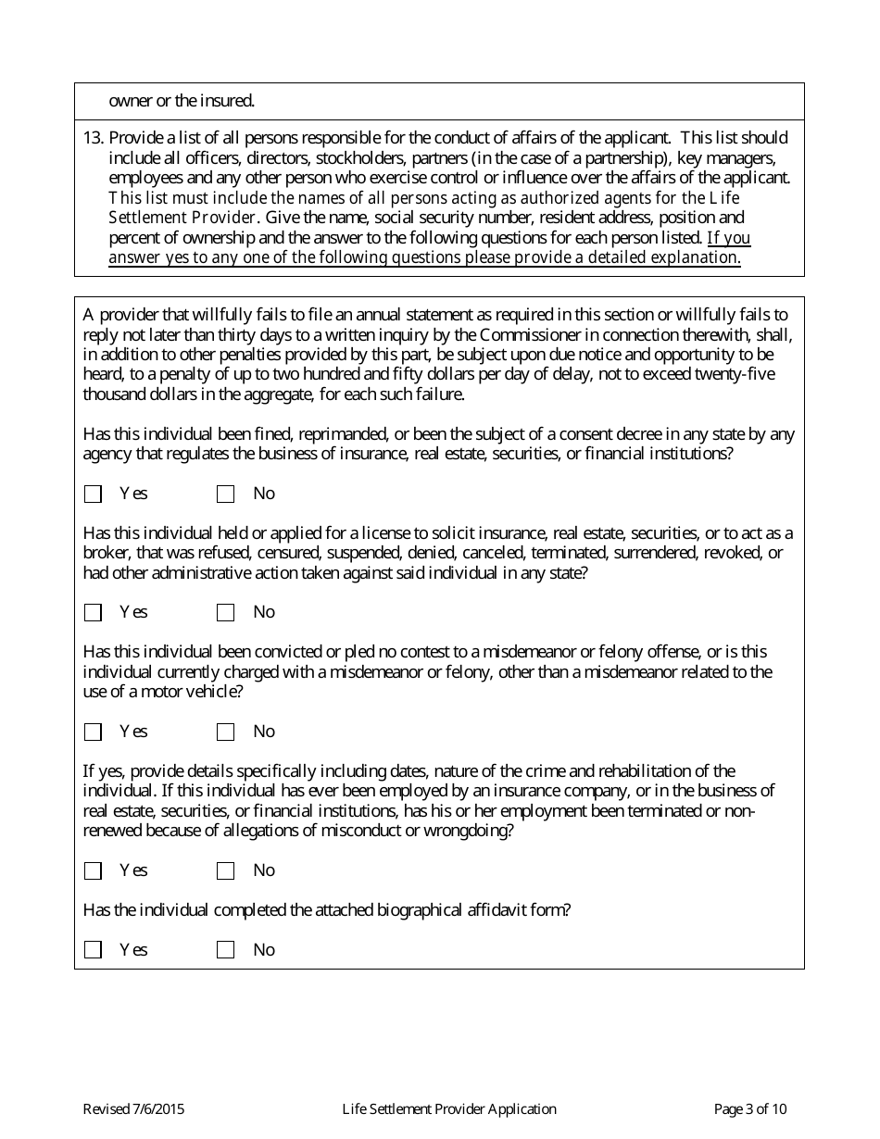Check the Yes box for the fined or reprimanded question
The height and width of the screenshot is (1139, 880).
(x=93, y=494)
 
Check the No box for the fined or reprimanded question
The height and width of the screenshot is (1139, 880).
(x=225, y=494)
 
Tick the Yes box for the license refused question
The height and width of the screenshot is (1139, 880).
(x=93, y=613)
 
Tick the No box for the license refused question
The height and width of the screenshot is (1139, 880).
(x=225, y=613)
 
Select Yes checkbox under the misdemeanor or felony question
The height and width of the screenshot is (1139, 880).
(x=93, y=732)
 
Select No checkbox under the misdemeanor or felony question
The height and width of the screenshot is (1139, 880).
(x=225, y=732)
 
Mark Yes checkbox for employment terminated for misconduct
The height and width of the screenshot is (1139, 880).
(x=93, y=871)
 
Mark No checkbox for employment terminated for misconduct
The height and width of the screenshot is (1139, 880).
(x=225, y=871)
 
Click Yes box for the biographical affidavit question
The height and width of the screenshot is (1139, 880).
(x=93, y=950)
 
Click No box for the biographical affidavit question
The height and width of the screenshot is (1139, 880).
(x=225, y=950)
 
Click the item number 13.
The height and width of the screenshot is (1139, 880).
(x=93, y=138)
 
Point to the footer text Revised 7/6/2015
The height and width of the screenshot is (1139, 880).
(x=127, y=1109)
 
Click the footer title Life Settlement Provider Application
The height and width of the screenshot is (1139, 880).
(x=449, y=1109)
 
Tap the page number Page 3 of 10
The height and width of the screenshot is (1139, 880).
(x=750, y=1109)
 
